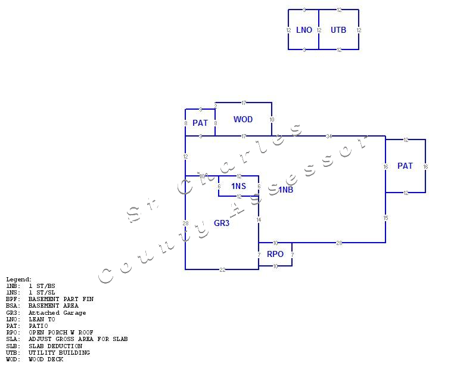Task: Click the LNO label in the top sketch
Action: click(x=304, y=30)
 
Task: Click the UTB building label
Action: click(x=338, y=30)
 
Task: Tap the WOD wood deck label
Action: click(x=243, y=119)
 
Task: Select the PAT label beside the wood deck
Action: click(x=200, y=123)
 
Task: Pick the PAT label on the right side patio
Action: click(x=405, y=166)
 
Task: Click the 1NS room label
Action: click(x=238, y=187)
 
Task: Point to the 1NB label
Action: click(x=286, y=190)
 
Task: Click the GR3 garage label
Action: click(x=222, y=224)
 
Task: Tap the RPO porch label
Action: click(x=275, y=254)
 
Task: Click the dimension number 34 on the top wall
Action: click(x=329, y=137)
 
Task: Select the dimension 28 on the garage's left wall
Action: click(x=185, y=224)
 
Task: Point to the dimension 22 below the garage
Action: click(x=222, y=270)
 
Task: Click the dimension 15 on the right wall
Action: click(x=385, y=218)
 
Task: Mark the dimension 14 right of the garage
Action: click(x=259, y=220)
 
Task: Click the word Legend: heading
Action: click(x=19, y=280)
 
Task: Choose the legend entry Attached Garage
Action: click(x=57, y=312)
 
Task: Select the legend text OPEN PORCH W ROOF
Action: click(x=61, y=333)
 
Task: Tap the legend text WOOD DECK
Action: click(x=46, y=359)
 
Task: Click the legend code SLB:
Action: click(x=13, y=346)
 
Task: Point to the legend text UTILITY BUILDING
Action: click(x=59, y=353)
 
